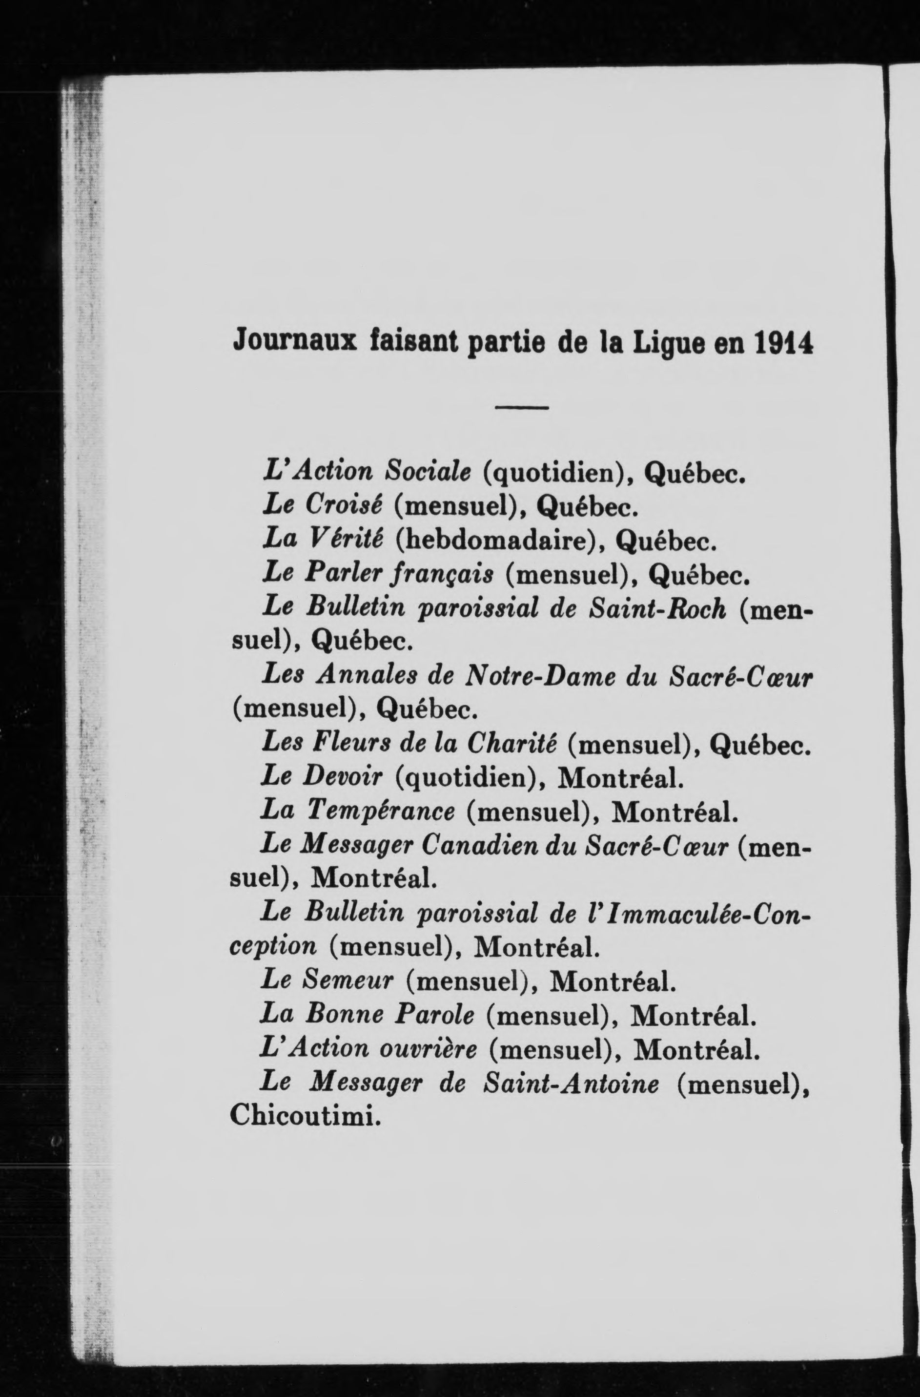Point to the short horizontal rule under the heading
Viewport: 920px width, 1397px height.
click(x=522, y=407)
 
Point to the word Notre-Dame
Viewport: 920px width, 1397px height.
click(x=540, y=676)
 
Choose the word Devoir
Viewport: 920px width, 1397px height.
click(x=343, y=777)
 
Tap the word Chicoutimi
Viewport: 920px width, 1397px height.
click(x=302, y=1116)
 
